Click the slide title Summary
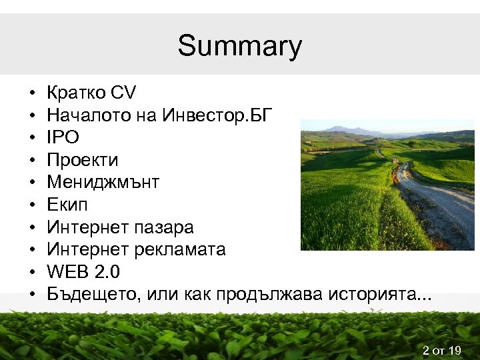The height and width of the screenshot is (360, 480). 239,47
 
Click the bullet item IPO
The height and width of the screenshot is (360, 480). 63,137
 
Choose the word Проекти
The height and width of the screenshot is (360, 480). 83,160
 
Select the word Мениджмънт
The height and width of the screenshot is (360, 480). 103,182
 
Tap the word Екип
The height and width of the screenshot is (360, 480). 67,205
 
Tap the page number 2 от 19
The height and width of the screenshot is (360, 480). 442,349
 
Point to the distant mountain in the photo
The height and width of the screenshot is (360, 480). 347,128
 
